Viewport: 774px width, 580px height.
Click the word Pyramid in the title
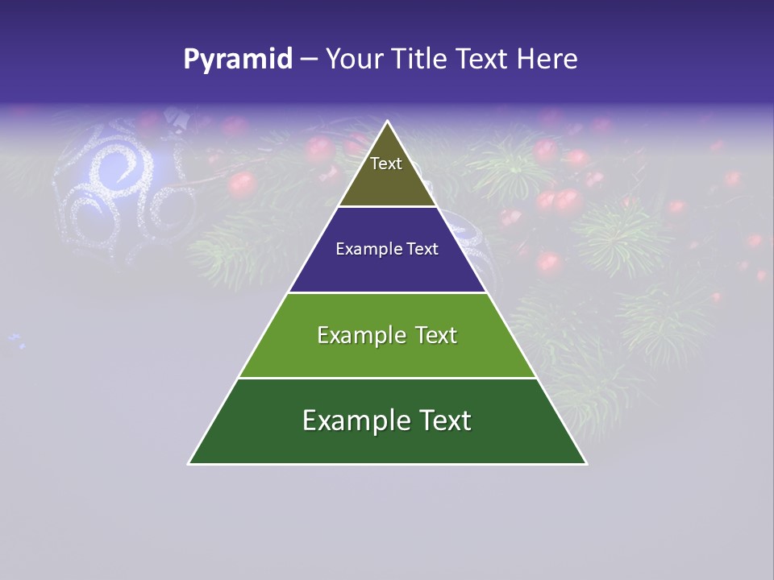[x=238, y=60]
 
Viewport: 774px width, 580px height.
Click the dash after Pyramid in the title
[x=308, y=60]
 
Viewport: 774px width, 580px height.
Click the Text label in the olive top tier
[x=386, y=164]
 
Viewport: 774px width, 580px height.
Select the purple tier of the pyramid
[x=387, y=266]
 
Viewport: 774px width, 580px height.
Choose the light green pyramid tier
[x=387, y=354]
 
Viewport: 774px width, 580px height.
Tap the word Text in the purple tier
[x=422, y=249]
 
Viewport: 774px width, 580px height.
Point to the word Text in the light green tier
[x=435, y=335]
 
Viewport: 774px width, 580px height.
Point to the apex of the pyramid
[x=388, y=122]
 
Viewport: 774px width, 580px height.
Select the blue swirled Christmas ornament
[x=121, y=189]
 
